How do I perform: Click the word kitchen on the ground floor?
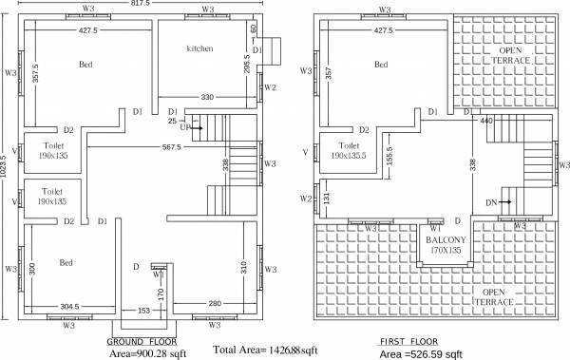(x=199, y=47)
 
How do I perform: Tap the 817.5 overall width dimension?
(x=141, y=4)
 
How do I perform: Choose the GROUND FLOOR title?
(x=140, y=340)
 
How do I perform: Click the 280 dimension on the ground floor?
(x=216, y=304)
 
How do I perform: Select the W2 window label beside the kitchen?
(x=270, y=87)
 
